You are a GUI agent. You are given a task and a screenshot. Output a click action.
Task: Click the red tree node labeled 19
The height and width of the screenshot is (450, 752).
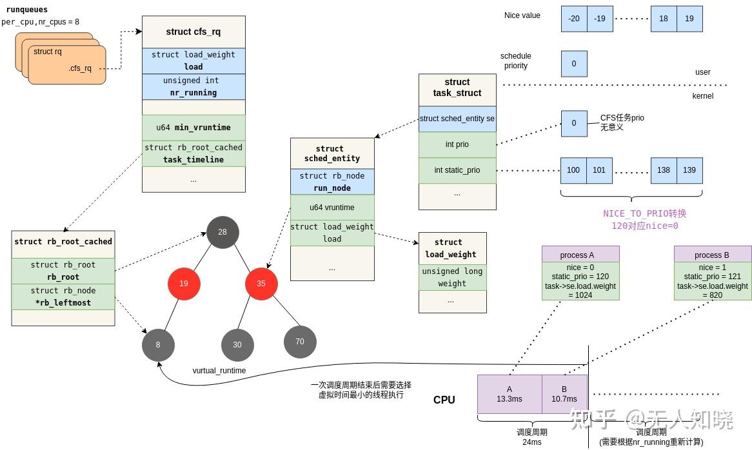pyautogui.click(x=184, y=284)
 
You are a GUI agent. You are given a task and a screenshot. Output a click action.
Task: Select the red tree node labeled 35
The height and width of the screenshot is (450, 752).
pyautogui.click(x=261, y=284)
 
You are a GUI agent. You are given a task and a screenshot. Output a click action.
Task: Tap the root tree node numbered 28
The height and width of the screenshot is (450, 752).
pyautogui.click(x=223, y=232)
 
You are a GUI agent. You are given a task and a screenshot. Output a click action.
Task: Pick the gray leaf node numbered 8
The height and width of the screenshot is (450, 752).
pyautogui.click(x=158, y=345)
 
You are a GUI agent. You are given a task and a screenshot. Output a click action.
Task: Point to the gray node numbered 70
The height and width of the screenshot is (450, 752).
pyautogui.click(x=300, y=342)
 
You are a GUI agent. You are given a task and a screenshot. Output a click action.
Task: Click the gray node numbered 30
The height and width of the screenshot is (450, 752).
pyautogui.click(x=237, y=345)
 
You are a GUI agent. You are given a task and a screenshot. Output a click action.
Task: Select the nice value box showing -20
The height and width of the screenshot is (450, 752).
pyautogui.click(x=574, y=19)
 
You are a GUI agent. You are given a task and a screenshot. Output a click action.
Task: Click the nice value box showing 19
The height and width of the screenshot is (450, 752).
pyautogui.click(x=689, y=19)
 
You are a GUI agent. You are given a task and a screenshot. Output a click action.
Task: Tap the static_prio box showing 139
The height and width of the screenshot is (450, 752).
pyautogui.click(x=689, y=170)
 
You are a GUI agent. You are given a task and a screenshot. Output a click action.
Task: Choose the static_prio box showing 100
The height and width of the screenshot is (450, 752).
pyautogui.click(x=573, y=170)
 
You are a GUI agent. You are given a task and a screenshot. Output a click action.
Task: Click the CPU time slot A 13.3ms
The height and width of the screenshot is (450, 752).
pyautogui.click(x=510, y=394)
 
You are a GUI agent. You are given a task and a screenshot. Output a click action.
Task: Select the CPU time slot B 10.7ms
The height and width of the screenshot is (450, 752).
pyautogui.click(x=564, y=394)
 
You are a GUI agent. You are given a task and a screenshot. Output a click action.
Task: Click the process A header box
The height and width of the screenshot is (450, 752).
pyautogui.click(x=580, y=254)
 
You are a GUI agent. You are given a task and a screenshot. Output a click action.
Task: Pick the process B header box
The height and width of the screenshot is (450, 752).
pyautogui.click(x=713, y=254)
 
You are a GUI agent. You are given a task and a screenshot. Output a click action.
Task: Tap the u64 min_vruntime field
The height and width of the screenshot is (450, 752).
pyautogui.click(x=193, y=128)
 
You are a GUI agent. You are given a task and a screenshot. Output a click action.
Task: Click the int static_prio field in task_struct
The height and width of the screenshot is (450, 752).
pyautogui.click(x=457, y=170)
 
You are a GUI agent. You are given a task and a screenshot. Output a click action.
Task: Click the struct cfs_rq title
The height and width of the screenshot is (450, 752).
pyautogui.click(x=193, y=32)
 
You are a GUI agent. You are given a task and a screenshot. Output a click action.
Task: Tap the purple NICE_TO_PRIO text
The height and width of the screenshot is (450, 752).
pyautogui.click(x=644, y=213)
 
